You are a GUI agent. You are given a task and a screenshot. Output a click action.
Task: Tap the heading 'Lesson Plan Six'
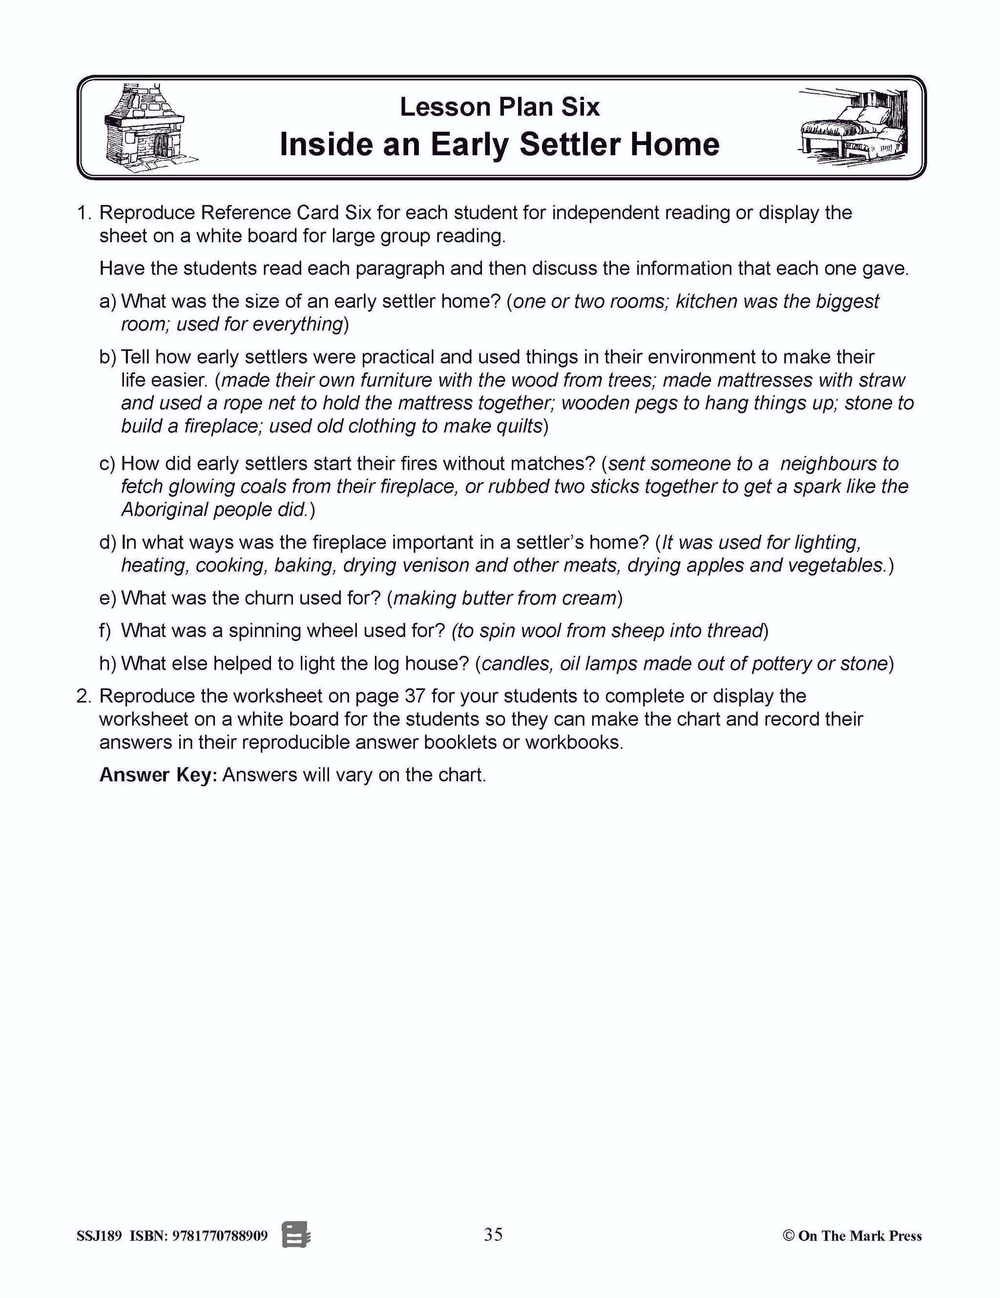click(x=500, y=107)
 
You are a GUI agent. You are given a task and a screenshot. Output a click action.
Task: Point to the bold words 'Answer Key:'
click(x=158, y=775)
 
